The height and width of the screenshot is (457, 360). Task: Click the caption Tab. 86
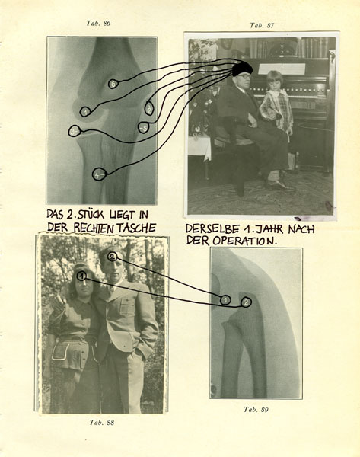[x=98, y=24]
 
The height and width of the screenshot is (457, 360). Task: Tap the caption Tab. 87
[x=262, y=25]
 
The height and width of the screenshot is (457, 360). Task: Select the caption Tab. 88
[x=102, y=422]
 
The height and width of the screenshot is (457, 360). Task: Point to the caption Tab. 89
[x=256, y=410]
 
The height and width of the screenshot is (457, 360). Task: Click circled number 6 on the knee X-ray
[x=113, y=84]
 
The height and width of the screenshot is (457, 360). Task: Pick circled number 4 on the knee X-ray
[x=98, y=175]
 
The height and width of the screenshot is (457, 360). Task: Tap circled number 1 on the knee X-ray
[x=85, y=112]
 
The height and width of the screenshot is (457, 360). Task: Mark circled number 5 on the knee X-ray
[x=144, y=127]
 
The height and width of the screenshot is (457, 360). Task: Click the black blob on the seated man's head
[x=242, y=69]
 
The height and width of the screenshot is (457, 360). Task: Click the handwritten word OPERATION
[x=244, y=241]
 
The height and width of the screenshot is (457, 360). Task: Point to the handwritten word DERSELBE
[x=212, y=228]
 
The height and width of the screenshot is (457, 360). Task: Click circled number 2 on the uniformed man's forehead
[x=113, y=257]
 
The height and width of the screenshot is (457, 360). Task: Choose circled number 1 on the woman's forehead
[x=82, y=276]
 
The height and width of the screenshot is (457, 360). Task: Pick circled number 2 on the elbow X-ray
[x=246, y=302]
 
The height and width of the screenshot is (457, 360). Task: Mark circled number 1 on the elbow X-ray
[x=225, y=299]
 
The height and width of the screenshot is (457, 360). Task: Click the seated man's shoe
[x=279, y=186]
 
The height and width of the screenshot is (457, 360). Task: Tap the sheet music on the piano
[x=282, y=69]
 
